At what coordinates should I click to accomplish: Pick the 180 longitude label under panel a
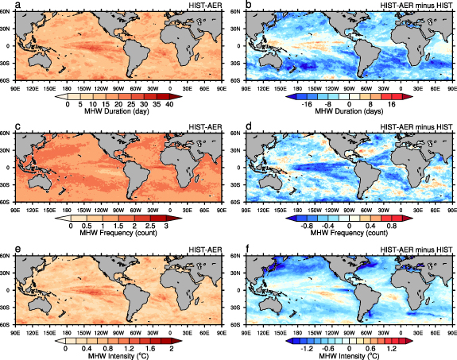click(80, 89)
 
